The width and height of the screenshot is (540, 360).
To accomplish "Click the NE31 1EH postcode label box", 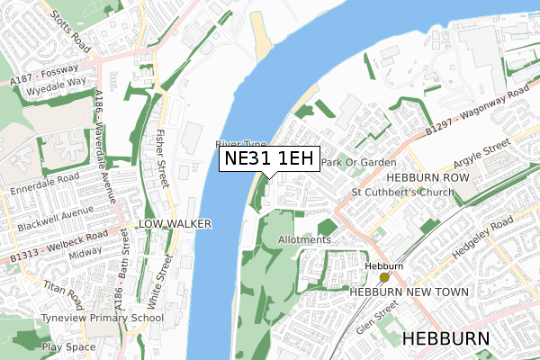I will [x=269, y=159].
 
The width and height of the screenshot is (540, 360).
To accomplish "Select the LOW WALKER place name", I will [x=175, y=222].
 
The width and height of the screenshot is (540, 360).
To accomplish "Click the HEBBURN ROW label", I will [x=417, y=179].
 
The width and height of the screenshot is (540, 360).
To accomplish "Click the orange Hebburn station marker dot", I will [x=384, y=278].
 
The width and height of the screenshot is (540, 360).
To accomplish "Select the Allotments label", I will [x=305, y=240].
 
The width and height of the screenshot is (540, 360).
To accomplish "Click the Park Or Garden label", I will [x=359, y=163].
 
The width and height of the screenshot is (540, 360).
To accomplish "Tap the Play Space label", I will [x=67, y=346].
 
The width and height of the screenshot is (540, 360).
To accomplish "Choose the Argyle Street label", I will [x=483, y=154].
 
